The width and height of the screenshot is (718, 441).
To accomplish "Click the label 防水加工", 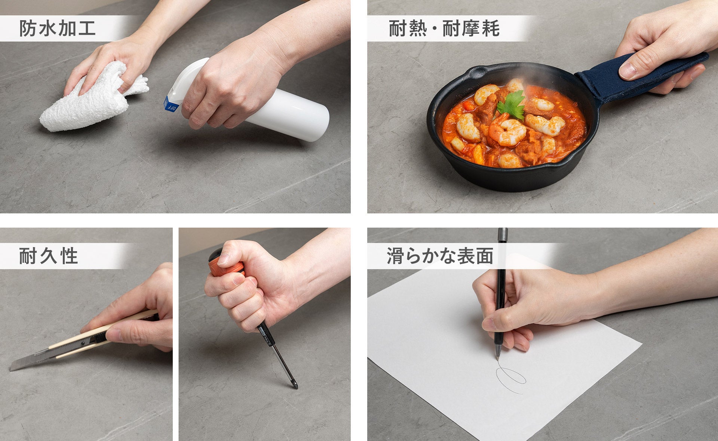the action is pos(58,28).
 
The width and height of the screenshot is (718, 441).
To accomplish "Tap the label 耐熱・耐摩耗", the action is pos(444,28).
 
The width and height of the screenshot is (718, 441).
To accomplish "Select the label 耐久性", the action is pos(49,256).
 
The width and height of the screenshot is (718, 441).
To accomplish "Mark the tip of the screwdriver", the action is pos(296,387).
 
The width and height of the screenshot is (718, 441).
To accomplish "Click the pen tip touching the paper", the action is pos(498,359).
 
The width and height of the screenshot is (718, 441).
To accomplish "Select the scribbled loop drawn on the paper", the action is pos(511,379).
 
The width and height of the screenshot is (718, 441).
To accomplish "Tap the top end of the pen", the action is pos(503,229).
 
